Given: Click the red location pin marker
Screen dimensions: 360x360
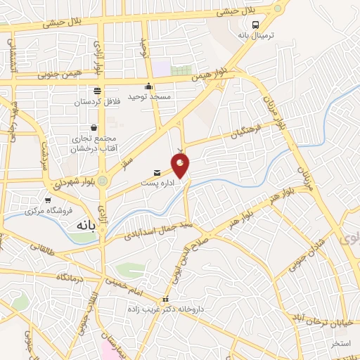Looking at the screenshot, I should pyautogui.click(x=181, y=166).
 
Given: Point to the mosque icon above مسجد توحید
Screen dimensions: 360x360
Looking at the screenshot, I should pyautogui.click(x=148, y=86).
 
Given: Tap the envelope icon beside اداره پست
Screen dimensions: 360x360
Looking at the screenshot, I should pyautogui.click(x=157, y=172).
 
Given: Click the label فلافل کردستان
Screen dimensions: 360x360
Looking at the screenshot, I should pyautogui.click(x=98, y=102).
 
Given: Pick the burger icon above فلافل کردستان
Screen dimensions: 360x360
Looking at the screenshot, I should pyautogui.click(x=98, y=91).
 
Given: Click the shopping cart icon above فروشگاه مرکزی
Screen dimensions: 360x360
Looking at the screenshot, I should pyautogui.click(x=48, y=200).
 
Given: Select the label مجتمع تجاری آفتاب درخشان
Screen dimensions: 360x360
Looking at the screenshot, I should pyautogui.click(x=93, y=145).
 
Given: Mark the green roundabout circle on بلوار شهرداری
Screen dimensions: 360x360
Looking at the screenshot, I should pyautogui.click(x=103, y=181).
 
